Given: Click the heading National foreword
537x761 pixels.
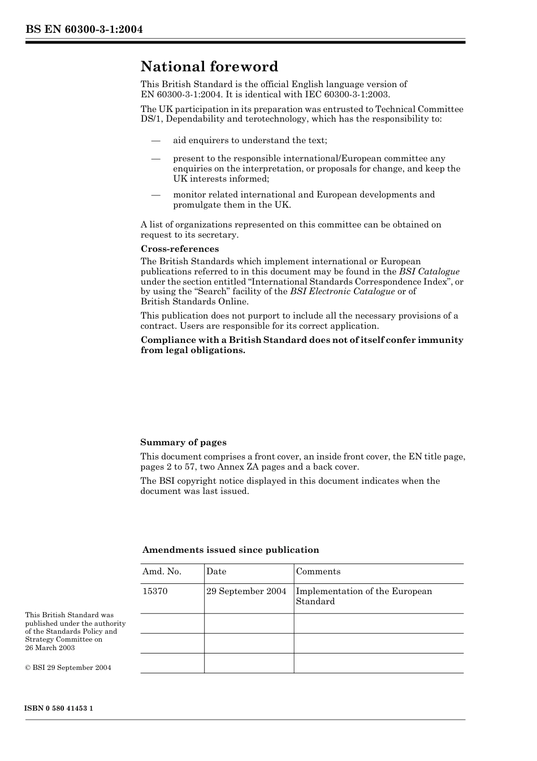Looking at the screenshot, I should click(x=209, y=67).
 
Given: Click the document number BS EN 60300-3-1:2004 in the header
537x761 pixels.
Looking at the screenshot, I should click(x=84, y=29).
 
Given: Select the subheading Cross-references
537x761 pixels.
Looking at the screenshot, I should click(x=180, y=249).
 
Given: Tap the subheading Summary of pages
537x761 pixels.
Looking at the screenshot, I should click(x=183, y=442).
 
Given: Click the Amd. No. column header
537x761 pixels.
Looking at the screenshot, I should click(x=162, y=571).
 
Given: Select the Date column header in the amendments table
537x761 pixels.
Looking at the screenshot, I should click(x=216, y=571).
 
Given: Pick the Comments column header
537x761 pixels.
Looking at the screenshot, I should click(x=318, y=571).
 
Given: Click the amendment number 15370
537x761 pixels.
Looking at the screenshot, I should click(x=155, y=591).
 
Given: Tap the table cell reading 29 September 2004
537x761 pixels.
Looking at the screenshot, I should click(x=246, y=591).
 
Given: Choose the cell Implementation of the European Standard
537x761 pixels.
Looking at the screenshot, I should click(x=363, y=596).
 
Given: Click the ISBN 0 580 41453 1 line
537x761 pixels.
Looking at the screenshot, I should click(x=59, y=709).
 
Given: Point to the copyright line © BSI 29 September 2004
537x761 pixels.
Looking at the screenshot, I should click(x=68, y=668).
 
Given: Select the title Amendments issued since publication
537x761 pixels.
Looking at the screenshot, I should click(x=231, y=550).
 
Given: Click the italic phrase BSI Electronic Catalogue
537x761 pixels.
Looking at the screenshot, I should click(x=343, y=291).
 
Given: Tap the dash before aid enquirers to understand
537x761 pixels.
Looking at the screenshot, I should click(x=155, y=140).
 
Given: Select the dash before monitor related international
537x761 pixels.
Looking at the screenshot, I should click(x=155, y=195).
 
